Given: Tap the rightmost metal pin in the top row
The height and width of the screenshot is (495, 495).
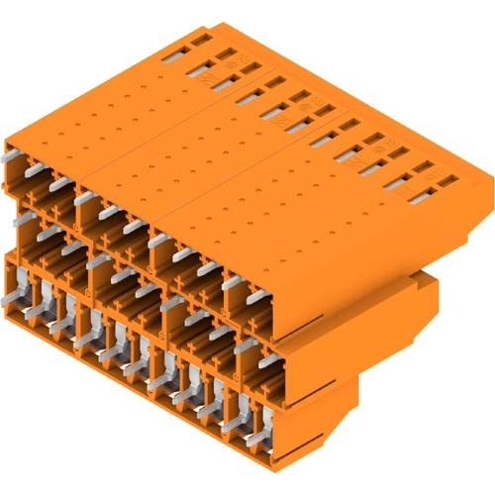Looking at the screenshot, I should point(256,297).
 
